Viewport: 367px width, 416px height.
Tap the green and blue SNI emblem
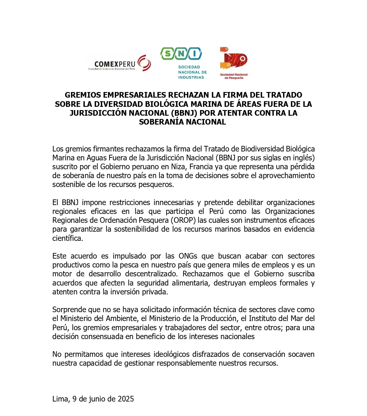coord(181,54)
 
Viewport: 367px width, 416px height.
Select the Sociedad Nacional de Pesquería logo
coord(234,63)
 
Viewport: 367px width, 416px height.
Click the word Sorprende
coord(69,309)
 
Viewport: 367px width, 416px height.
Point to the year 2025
coord(126,399)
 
